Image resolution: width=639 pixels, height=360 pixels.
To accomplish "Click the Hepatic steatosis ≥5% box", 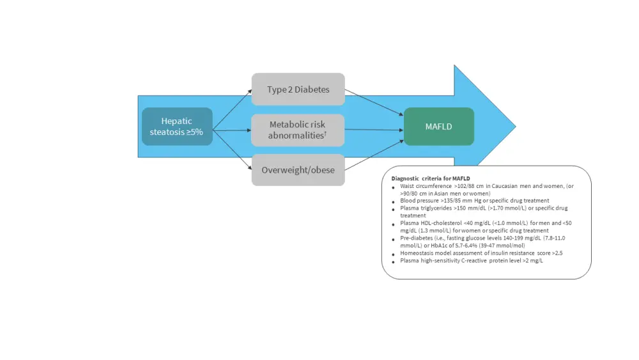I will pos(177,127).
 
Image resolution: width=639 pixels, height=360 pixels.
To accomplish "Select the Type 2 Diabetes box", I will pos(298,90).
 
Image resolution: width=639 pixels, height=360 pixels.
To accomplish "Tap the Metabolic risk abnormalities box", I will pos(298,130).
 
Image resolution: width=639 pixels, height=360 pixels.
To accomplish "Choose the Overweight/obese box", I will pos(298,170).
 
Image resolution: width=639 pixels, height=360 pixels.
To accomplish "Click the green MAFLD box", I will pos(438,127).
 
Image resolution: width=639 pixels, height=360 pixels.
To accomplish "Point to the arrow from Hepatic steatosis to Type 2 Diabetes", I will pos(232,110).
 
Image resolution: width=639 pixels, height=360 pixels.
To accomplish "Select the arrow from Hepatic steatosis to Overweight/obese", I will pos(232,150).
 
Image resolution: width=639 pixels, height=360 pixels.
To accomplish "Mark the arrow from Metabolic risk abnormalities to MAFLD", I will pos(374,130).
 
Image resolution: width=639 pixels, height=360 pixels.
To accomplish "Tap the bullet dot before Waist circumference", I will pos(394,186).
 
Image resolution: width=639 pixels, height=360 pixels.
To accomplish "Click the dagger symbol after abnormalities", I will pos(325,133).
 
